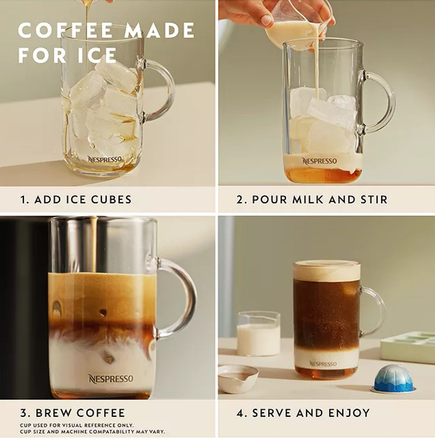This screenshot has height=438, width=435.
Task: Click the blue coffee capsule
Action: tap(393, 378)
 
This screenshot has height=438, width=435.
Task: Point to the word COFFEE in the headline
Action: tap(65, 30)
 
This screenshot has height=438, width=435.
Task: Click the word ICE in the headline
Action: tap(97, 55)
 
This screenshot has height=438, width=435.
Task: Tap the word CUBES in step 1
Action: tap(111, 199)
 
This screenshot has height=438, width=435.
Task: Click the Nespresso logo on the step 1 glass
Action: tap(105, 159)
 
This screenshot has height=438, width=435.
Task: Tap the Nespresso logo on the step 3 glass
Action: tap(111, 379)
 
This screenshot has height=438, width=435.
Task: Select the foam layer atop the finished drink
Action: tap(327, 271)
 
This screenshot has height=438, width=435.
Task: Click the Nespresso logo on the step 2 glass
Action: tap(319, 161)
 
